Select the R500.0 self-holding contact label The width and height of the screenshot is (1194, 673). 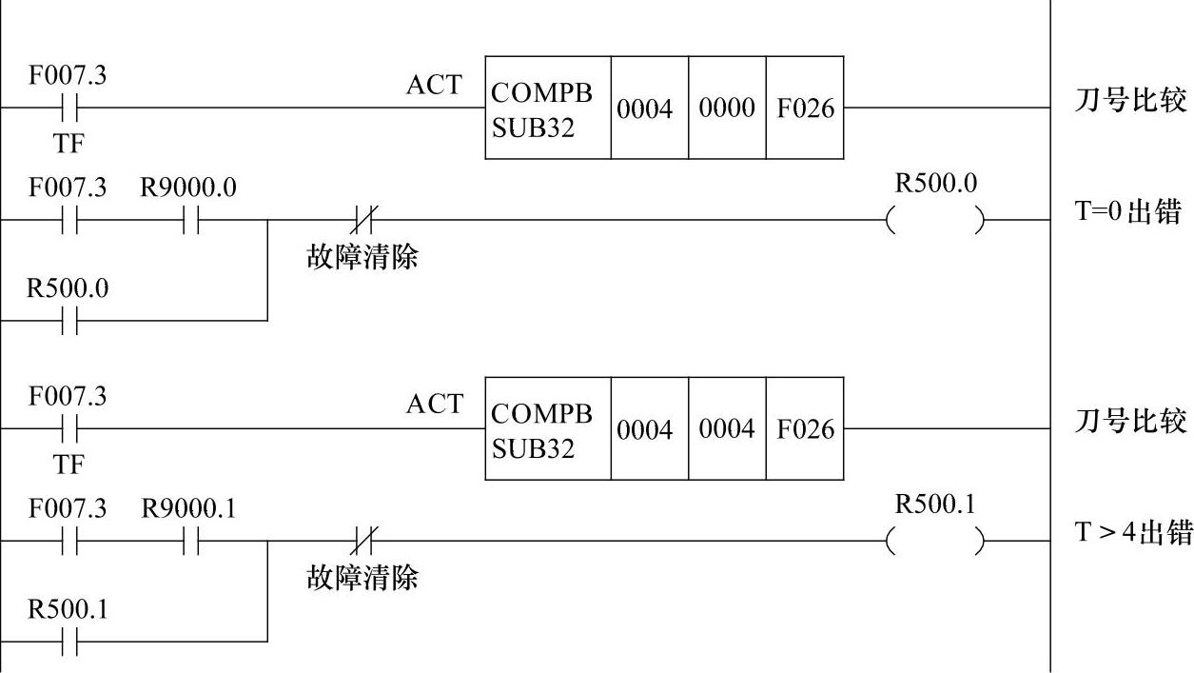[x=68, y=288]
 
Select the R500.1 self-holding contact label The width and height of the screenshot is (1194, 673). [x=68, y=609]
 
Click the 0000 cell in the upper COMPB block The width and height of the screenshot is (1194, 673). [x=727, y=109]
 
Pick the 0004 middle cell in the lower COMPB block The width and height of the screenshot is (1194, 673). [x=727, y=429]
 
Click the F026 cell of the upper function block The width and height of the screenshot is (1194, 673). [x=805, y=109]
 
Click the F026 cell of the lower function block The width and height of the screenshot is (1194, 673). [x=805, y=429]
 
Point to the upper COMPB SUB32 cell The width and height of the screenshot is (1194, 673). [x=547, y=109]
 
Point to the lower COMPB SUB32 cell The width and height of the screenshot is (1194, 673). [x=547, y=429]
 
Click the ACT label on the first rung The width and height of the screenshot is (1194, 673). [x=434, y=85]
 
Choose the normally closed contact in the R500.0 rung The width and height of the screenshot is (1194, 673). [x=362, y=221]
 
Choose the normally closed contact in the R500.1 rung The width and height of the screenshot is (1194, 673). [x=362, y=542]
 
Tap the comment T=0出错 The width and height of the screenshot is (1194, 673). [x=1129, y=212]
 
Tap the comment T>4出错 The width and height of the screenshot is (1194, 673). [x=1132, y=533]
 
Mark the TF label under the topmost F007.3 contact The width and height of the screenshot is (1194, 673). [x=68, y=144]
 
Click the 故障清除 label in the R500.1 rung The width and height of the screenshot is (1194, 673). [x=362, y=577]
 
